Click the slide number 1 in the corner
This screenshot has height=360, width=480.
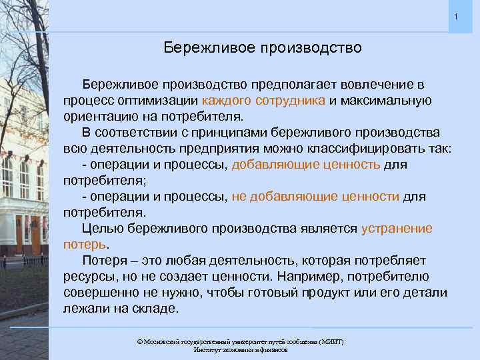[x=456, y=16]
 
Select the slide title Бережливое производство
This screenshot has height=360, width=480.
[x=263, y=48]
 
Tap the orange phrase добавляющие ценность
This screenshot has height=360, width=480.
[x=306, y=164]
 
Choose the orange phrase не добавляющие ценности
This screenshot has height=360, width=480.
[x=315, y=196]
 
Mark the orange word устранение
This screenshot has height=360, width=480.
[x=396, y=229]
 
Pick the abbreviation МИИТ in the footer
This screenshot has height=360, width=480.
[x=331, y=341]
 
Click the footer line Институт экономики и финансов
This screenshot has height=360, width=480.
[x=240, y=349]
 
